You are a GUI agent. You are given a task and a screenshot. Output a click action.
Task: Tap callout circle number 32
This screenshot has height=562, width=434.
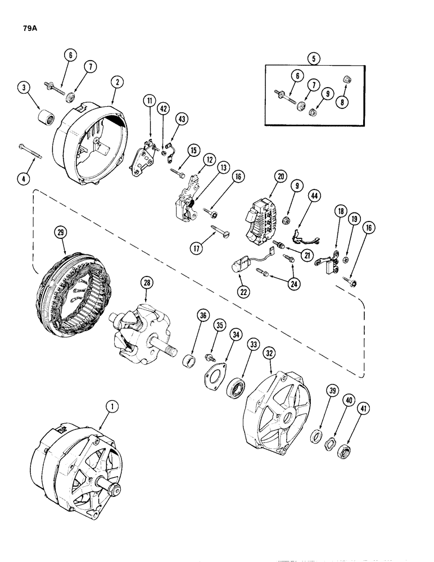[x=270, y=353]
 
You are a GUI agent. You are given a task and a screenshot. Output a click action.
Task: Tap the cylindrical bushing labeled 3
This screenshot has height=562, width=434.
[x=44, y=119]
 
